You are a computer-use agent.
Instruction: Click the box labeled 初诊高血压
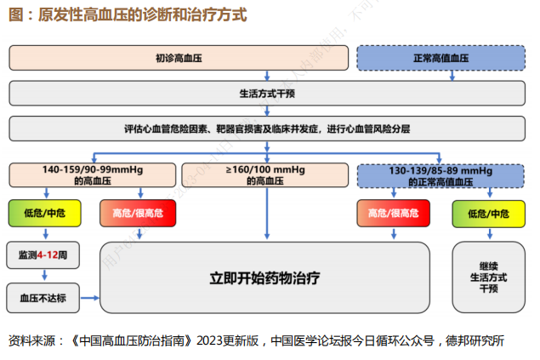point(179,58)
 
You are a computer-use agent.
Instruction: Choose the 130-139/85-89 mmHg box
point(440,175)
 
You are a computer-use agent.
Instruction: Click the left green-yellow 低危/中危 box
point(44,213)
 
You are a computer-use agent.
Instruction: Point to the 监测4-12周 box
point(43,254)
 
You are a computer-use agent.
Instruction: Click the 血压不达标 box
point(43,298)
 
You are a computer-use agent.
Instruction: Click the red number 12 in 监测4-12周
point(54,254)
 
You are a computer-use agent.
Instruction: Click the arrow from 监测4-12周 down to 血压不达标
point(43,275)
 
